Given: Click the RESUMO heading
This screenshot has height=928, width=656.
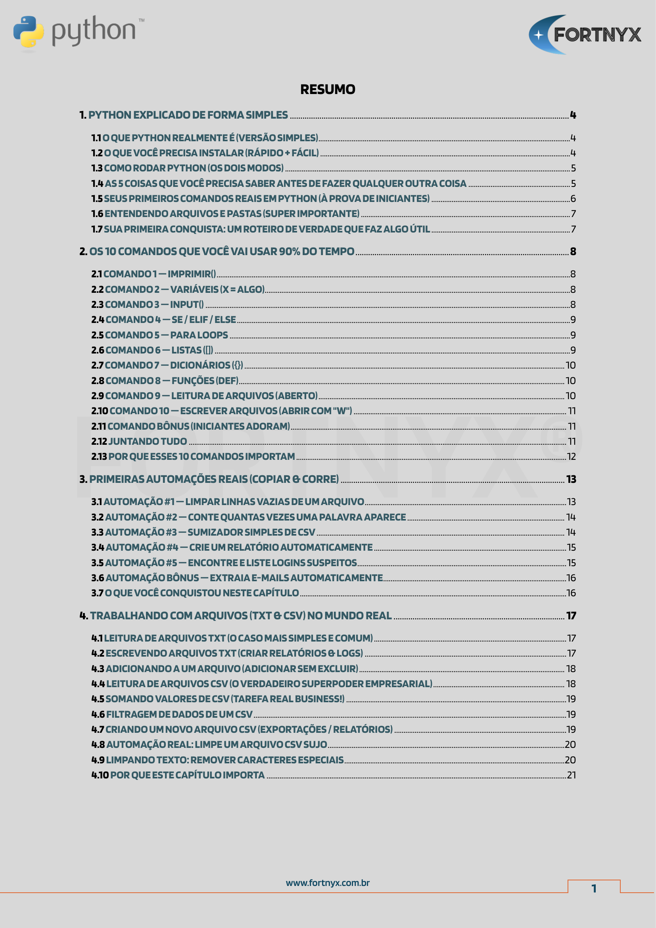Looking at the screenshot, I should pyautogui.click(x=328, y=89).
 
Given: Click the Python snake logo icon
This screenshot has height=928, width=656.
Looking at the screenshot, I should pyautogui.click(x=28, y=32).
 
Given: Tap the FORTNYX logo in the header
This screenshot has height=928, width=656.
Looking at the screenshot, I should pyautogui.click(x=585, y=35).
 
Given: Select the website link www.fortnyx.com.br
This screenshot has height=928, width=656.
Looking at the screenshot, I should pyautogui.click(x=328, y=883).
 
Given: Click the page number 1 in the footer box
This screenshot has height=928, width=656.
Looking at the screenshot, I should pyautogui.click(x=594, y=888).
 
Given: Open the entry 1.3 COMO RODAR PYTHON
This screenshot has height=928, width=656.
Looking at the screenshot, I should pyautogui.click(x=188, y=168).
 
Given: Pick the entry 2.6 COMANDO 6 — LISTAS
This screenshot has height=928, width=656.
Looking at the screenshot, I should pyautogui.click(x=152, y=350).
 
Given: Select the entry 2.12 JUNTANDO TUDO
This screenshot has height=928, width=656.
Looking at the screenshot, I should pyautogui.click(x=139, y=441).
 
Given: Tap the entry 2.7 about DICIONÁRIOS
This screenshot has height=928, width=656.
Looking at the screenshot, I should pyautogui.click(x=167, y=365).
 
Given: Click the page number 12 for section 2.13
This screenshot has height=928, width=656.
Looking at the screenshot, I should pyautogui.click(x=571, y=457).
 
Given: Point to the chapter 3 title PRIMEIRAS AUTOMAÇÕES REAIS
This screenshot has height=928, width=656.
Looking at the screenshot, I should pyautogui.click(x=209, y=479).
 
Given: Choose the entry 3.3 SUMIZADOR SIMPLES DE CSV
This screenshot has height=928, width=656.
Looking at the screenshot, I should pyautogui.click(x=203, y=532).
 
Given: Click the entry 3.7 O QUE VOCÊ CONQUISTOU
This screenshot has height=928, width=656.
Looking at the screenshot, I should pyautogui.click(x=195, y=593).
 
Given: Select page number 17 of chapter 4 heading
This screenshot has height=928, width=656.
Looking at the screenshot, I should pyautogui.click(x=571, y=616).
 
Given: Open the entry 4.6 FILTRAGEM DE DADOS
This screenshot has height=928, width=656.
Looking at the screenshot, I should pyautogui.click(x=172, y=714).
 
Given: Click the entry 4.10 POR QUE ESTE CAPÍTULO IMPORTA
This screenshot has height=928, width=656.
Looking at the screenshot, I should pyautogui.click(x=178, y=775).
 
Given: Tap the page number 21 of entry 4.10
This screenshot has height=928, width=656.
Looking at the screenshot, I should pyautogui.click(x=571, y=775).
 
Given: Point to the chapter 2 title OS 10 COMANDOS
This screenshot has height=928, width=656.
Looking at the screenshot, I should pyautogui.click(x=217, y=252).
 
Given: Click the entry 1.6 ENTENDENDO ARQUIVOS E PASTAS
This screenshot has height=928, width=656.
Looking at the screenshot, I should pyautogui.click(x=225, y=214).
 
